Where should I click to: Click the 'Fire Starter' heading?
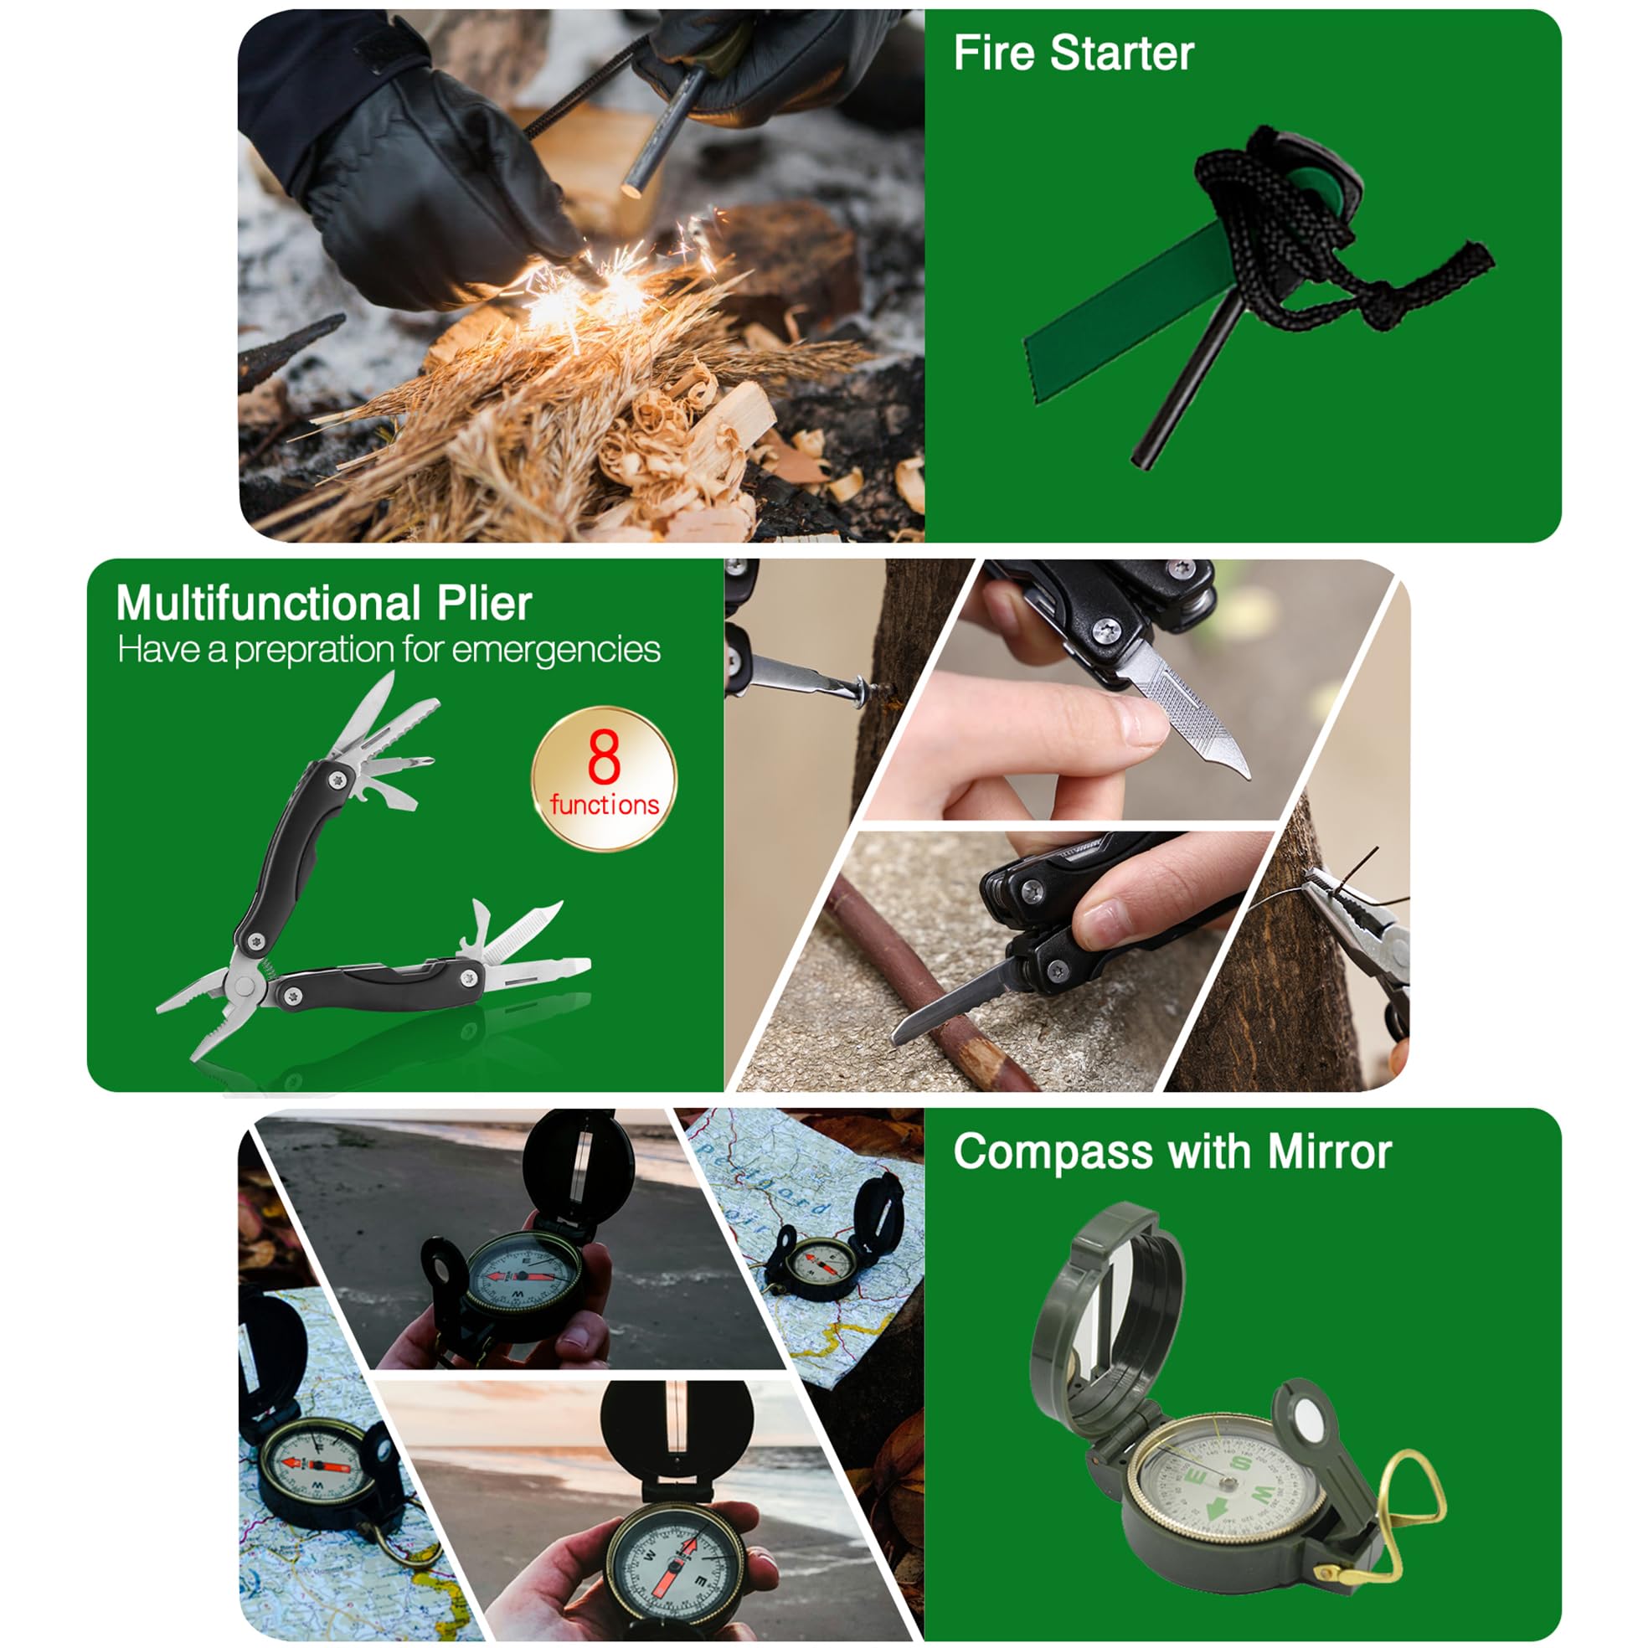click(x=1073, y=54)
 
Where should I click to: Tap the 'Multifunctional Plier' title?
click(x=324, y=604)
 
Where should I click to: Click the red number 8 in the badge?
click(x=603, y=757)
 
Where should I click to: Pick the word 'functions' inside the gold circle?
click(x=604, y=805)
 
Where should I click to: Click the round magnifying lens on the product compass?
click(x=1308, y=1422)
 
